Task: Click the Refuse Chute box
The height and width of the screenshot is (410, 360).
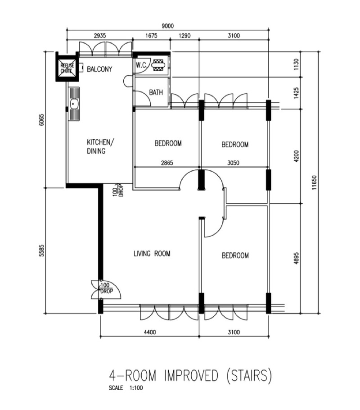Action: click(67, 67)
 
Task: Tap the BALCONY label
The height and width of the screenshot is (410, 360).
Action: click(99, 69)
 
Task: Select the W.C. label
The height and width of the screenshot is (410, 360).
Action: click(141, 65)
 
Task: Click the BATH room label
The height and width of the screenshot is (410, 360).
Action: click(156, 92)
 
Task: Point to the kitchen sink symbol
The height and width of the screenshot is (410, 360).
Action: click(74, 104)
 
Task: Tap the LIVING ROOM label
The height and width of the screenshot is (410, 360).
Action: click(152, 254)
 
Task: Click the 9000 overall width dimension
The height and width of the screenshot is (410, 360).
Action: click(167, 26)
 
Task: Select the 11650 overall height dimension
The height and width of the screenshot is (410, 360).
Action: click(314, 182)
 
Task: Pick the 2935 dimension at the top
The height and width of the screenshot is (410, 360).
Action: click(100, 36)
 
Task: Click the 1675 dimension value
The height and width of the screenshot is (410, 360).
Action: click(152, 36)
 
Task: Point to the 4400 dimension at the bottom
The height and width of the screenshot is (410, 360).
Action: click(150, 332)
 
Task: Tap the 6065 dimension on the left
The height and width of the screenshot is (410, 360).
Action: click(41, 120)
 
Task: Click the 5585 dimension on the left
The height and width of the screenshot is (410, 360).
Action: click(41, 251)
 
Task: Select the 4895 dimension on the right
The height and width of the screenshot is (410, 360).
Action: click(296, 258)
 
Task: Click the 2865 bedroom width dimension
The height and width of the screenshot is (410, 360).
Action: click(167, 163)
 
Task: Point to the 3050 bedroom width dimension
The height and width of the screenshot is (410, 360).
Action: click(233, 163)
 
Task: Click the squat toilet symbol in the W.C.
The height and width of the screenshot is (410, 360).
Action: click(158, 65)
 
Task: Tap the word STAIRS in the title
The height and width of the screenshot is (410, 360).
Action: click(249, 376)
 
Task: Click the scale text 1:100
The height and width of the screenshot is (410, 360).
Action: click(136, 388)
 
